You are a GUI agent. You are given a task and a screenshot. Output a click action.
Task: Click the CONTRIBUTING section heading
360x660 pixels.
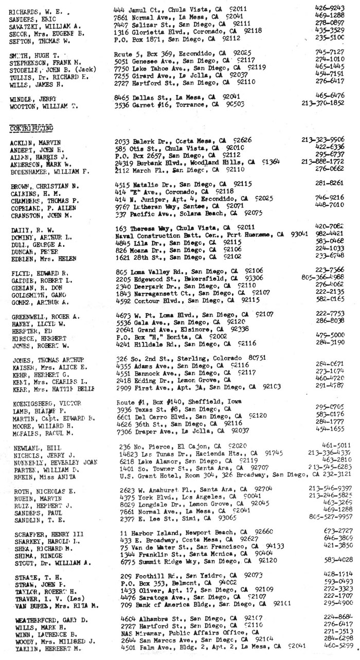tap(31, 127)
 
